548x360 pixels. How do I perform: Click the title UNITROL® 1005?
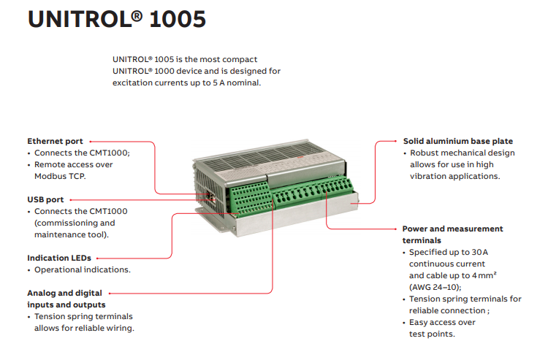tap(117, 19)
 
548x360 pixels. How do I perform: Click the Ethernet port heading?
tap(55, 141)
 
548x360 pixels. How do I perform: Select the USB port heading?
tap(45, 200)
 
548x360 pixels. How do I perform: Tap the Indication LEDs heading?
tap(59, 258)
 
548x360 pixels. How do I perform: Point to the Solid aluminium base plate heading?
tap(458, 141)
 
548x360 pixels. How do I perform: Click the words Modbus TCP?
tap(60, 176)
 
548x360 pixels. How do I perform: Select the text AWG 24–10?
tap(435, 287)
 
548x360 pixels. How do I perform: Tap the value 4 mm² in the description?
tap(484, 275)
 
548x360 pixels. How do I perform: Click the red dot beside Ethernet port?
tap(90, 142)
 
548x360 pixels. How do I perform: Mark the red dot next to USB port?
tap(71, 200)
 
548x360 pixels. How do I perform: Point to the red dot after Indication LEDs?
tap(97, 258)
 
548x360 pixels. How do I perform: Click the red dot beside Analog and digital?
tap(110, 294)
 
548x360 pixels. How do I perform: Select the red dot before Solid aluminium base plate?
tap(395, 141)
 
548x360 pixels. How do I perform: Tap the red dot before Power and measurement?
tap(395, 229)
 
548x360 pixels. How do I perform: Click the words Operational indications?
tap(83, 269)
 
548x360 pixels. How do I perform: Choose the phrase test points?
tap(432, 334)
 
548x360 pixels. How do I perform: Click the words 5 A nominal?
tap(237, 83)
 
